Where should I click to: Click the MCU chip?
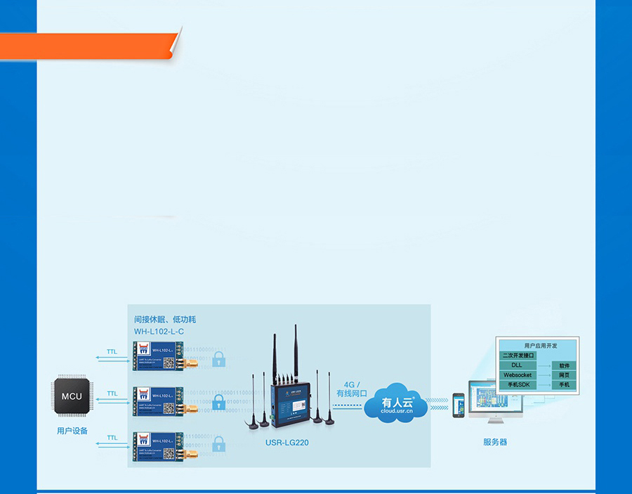tap(72, 396)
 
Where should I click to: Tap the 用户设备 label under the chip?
tap(72, 431)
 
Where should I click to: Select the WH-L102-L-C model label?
tap(159, 331)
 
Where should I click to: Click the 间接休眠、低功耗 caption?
tap(165, 319)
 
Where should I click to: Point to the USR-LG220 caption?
tap(287, 443)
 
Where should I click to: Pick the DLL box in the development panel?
tap(518, 365)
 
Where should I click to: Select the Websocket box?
tap(518, 375)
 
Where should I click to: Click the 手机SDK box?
tap(518, 385)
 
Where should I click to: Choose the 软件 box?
tap(565, 365)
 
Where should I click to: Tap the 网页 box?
tap(565, 375)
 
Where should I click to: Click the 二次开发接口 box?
tap(518, 356)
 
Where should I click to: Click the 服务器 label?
tap(495, 442)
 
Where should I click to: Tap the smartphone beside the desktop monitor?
tap(459, 405)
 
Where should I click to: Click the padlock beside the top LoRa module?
tap(219, 360)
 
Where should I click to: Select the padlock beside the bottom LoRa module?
tap(219, 444)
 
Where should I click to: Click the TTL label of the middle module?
tap(112, 394)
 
